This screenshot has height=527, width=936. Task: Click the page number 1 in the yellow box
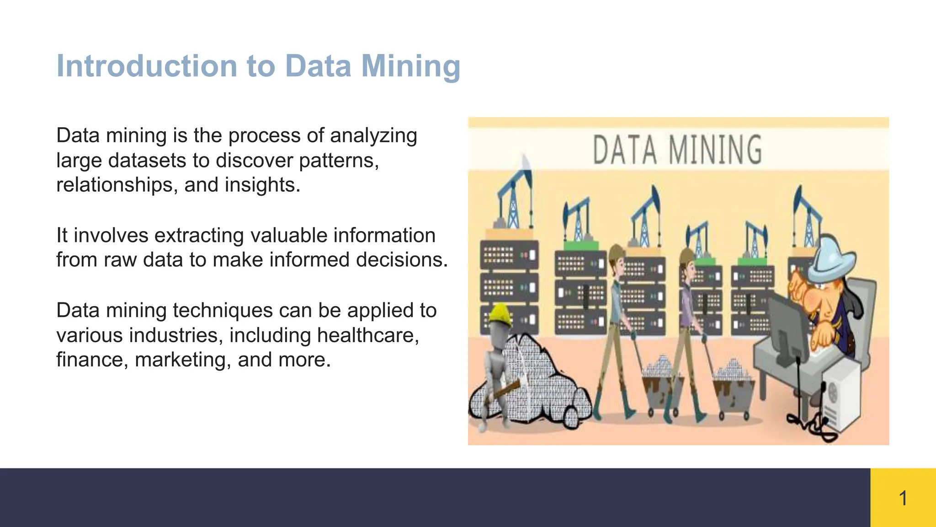click(903, 498)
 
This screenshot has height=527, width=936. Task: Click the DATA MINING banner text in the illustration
click(677, 150)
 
